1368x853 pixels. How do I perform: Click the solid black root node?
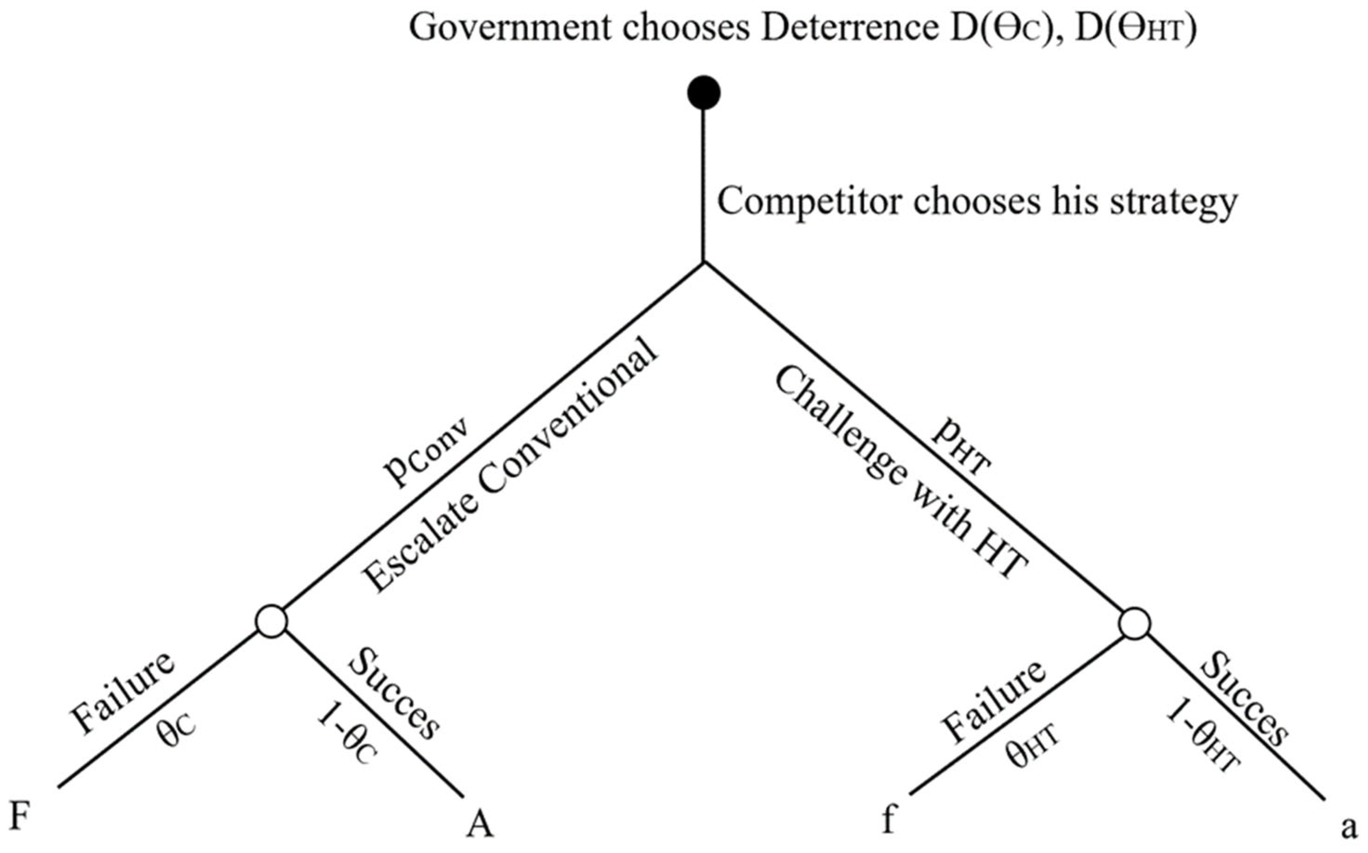(704, 92)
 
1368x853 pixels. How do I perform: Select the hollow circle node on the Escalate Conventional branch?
(271, 621)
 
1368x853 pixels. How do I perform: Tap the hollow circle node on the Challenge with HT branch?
(1135, 624)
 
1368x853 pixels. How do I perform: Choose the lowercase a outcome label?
(1349, 827)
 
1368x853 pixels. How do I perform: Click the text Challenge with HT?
(898, 475)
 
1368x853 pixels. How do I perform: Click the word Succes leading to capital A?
(394, 692)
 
